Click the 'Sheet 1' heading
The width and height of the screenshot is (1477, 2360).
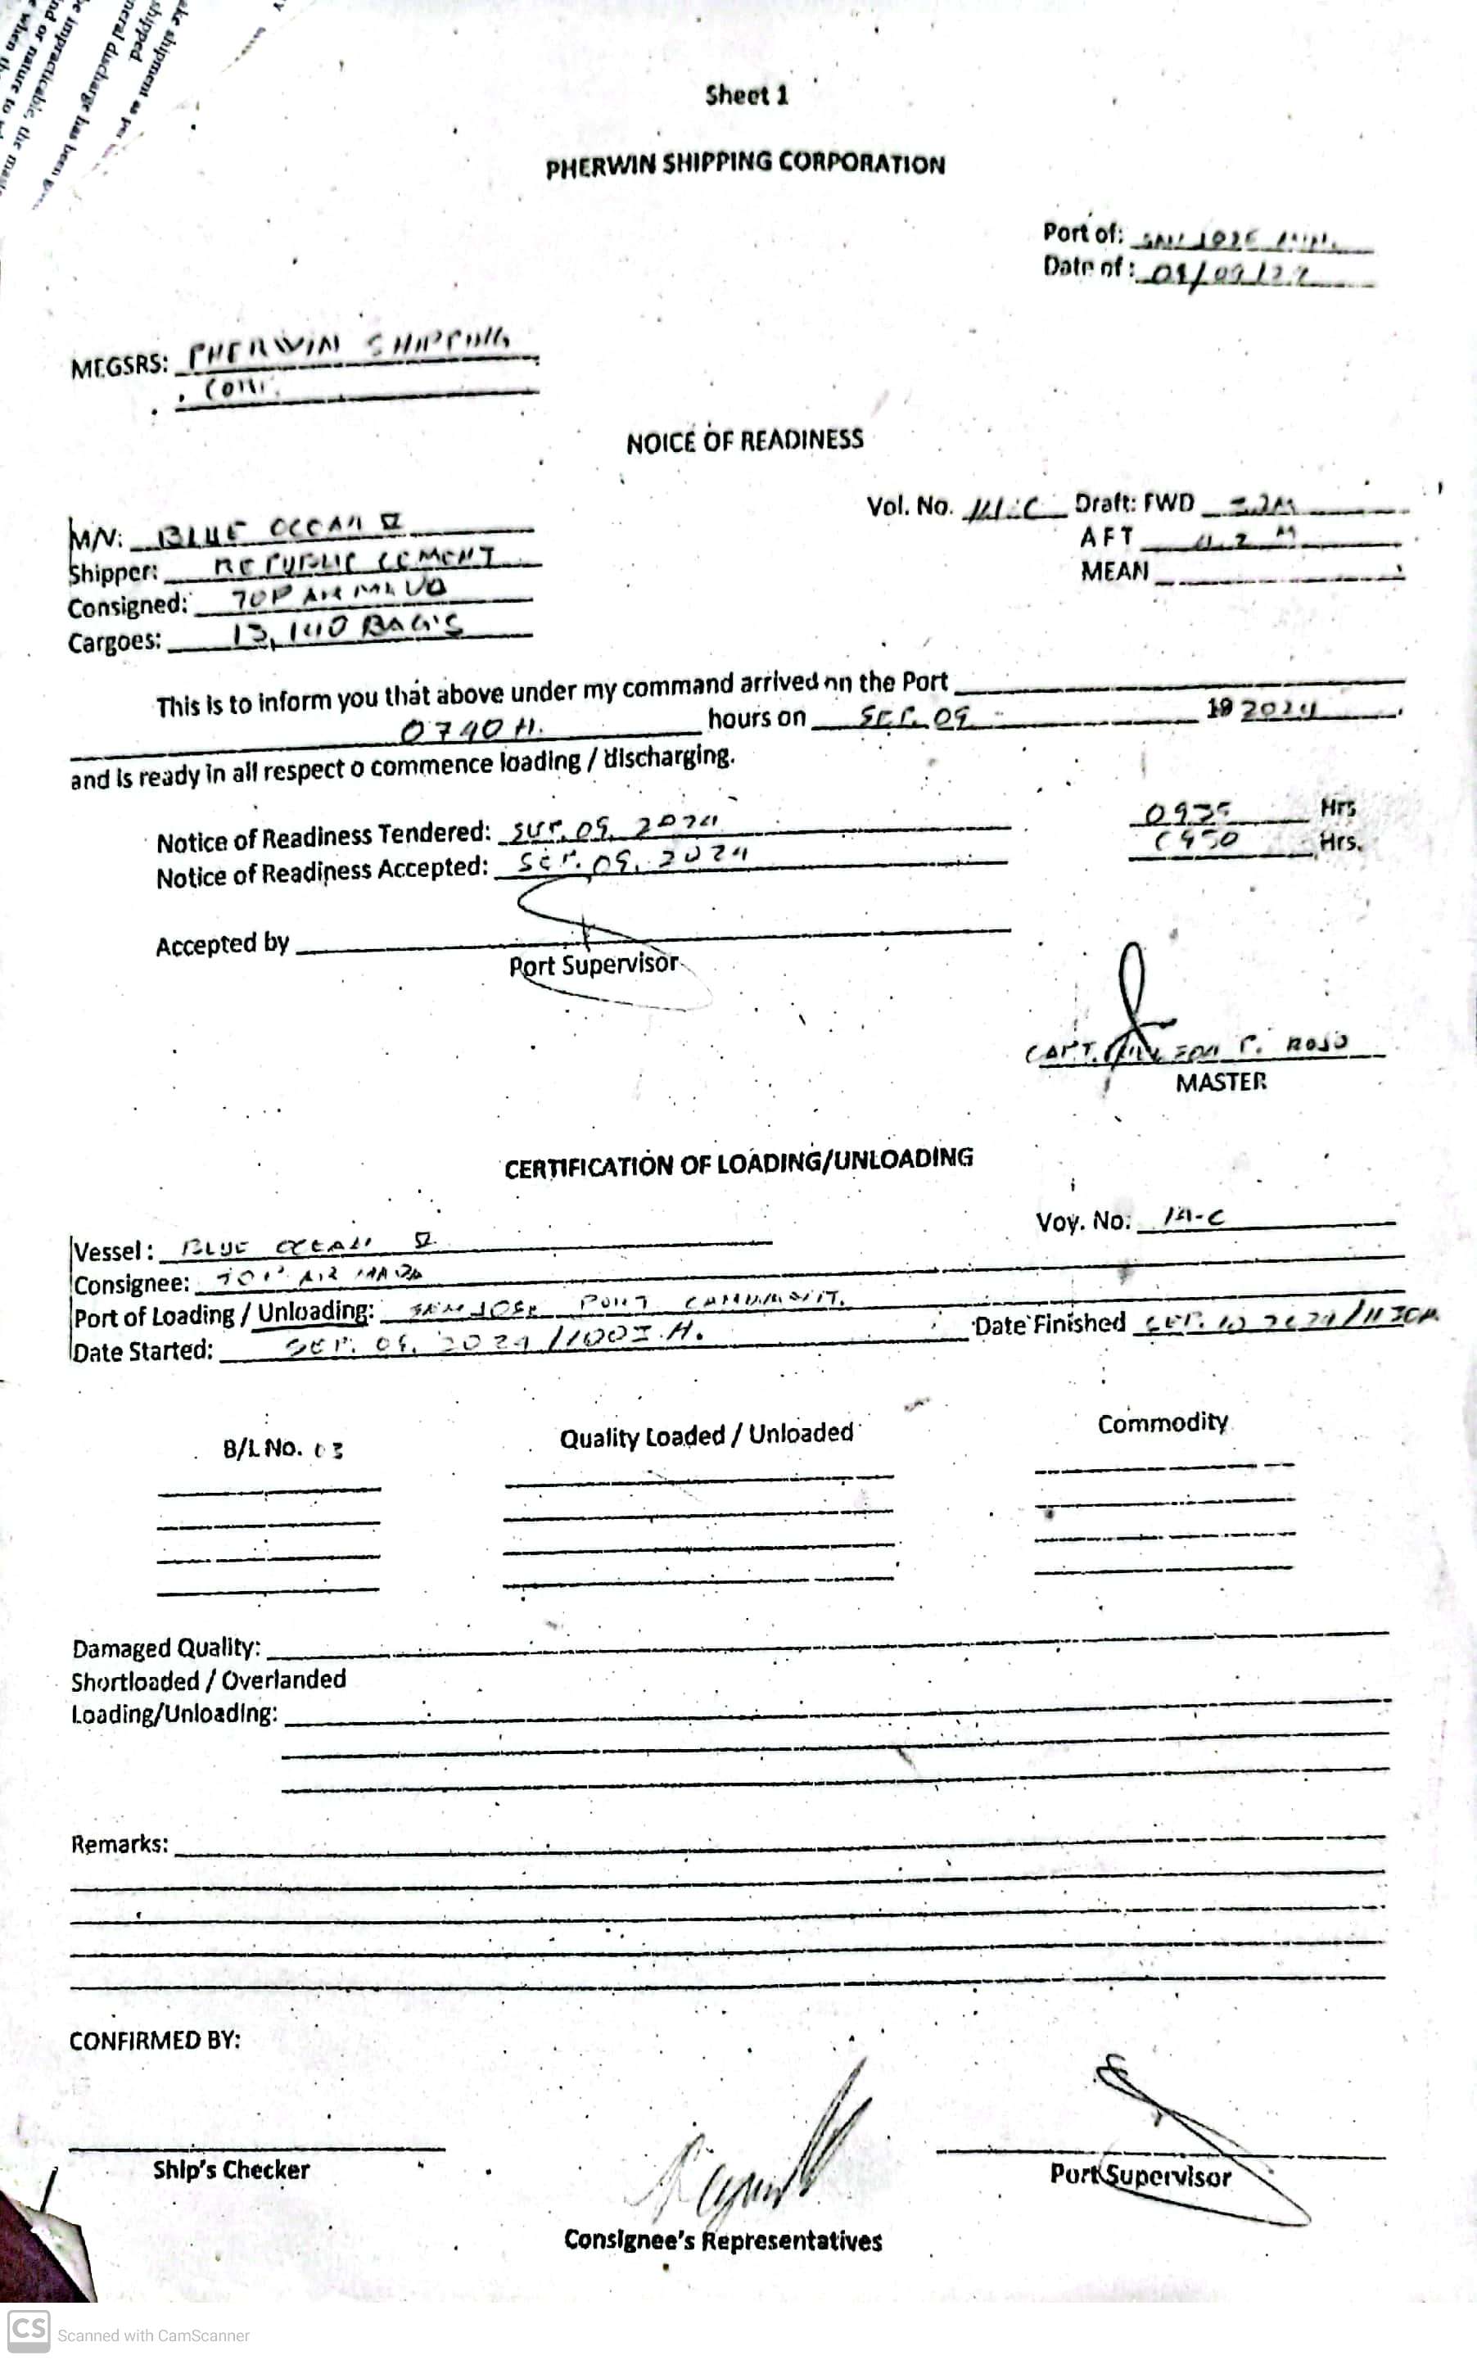pyautogui.click(x=747, y=96)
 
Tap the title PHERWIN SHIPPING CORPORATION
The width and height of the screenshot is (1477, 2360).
pyautogui.click(x=745, y=164)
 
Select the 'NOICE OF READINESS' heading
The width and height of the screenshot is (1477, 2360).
pyautogui.click(x=744, y=441)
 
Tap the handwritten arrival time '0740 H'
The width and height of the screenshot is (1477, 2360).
pyautogui.click(x=470, y=729)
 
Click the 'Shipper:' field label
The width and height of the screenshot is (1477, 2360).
pyautogui.click(x=113, y=572)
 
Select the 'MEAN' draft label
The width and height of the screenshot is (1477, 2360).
pyautogui.click(x=1114, y=572)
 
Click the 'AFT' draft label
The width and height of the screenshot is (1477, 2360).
pyautogui.click(x=1106, y=537)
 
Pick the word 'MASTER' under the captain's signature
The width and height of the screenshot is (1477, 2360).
pyautogui.click(x=1221, y=1083)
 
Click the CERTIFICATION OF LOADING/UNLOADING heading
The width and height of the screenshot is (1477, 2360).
pyautogui.click(x=738, y=1163)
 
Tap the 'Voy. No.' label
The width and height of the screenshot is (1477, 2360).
pyautogui.click(x=1082, y=1221)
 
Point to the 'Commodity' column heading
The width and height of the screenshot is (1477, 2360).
pyautogui.click(x=1163, y=1422)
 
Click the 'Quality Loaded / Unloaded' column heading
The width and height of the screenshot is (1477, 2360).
pyautogui.click(x=707, y=1435)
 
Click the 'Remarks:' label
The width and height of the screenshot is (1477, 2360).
pyautogui.click(x=120, y=1843)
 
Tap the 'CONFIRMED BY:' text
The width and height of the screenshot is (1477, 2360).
pyautogui.click(x=155, y=2041)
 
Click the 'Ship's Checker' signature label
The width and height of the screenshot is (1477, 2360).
pyautogui.click(x=231, y=2169)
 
